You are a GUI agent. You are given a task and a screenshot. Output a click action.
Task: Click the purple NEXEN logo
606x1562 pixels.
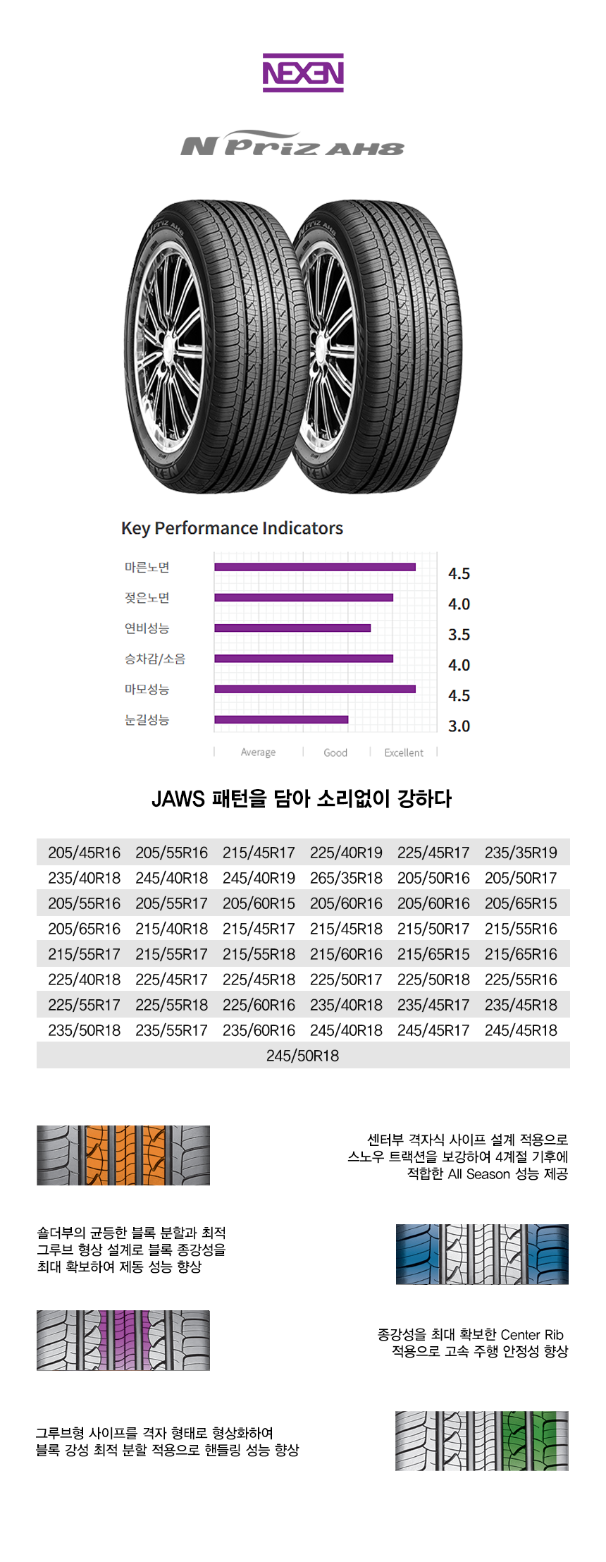point(303,73)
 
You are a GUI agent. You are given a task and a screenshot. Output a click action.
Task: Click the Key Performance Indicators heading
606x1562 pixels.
point(232,528)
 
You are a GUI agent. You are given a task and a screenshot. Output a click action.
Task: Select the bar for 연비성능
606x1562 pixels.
point(292,628)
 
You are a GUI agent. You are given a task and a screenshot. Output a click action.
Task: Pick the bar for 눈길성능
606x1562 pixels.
point(281,719)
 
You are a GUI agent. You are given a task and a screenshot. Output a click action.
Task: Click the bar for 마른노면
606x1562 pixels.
point(315,567)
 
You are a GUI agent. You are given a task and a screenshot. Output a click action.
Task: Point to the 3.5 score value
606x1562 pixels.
point(459,635)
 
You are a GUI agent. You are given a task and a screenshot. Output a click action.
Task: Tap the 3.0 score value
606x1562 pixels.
point(459,726)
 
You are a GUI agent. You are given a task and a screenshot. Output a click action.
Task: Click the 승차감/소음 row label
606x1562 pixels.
point(155,659)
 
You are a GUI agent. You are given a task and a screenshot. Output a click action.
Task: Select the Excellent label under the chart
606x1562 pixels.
point(404,753)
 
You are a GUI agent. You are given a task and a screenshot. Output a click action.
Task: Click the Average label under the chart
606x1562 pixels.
point(258,752)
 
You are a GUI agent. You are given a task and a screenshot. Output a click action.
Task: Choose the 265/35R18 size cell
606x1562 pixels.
point(346,878)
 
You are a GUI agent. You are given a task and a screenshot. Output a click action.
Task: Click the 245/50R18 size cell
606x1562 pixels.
point(302,1056)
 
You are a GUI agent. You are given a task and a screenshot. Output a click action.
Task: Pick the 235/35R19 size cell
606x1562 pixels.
point(521,853)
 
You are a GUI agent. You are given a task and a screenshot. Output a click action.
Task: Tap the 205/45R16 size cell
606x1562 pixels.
point(84,853)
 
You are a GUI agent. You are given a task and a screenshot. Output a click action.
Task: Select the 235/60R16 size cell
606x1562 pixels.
point(259,1030)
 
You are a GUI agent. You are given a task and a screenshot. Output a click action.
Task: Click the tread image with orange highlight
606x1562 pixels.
point(123,1155)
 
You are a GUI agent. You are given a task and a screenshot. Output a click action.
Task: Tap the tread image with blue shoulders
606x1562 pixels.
point(482,1254)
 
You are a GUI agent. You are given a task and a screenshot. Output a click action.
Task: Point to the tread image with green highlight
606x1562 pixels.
point(482,1441)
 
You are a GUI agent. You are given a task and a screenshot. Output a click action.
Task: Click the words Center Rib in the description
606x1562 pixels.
point(532,1334)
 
